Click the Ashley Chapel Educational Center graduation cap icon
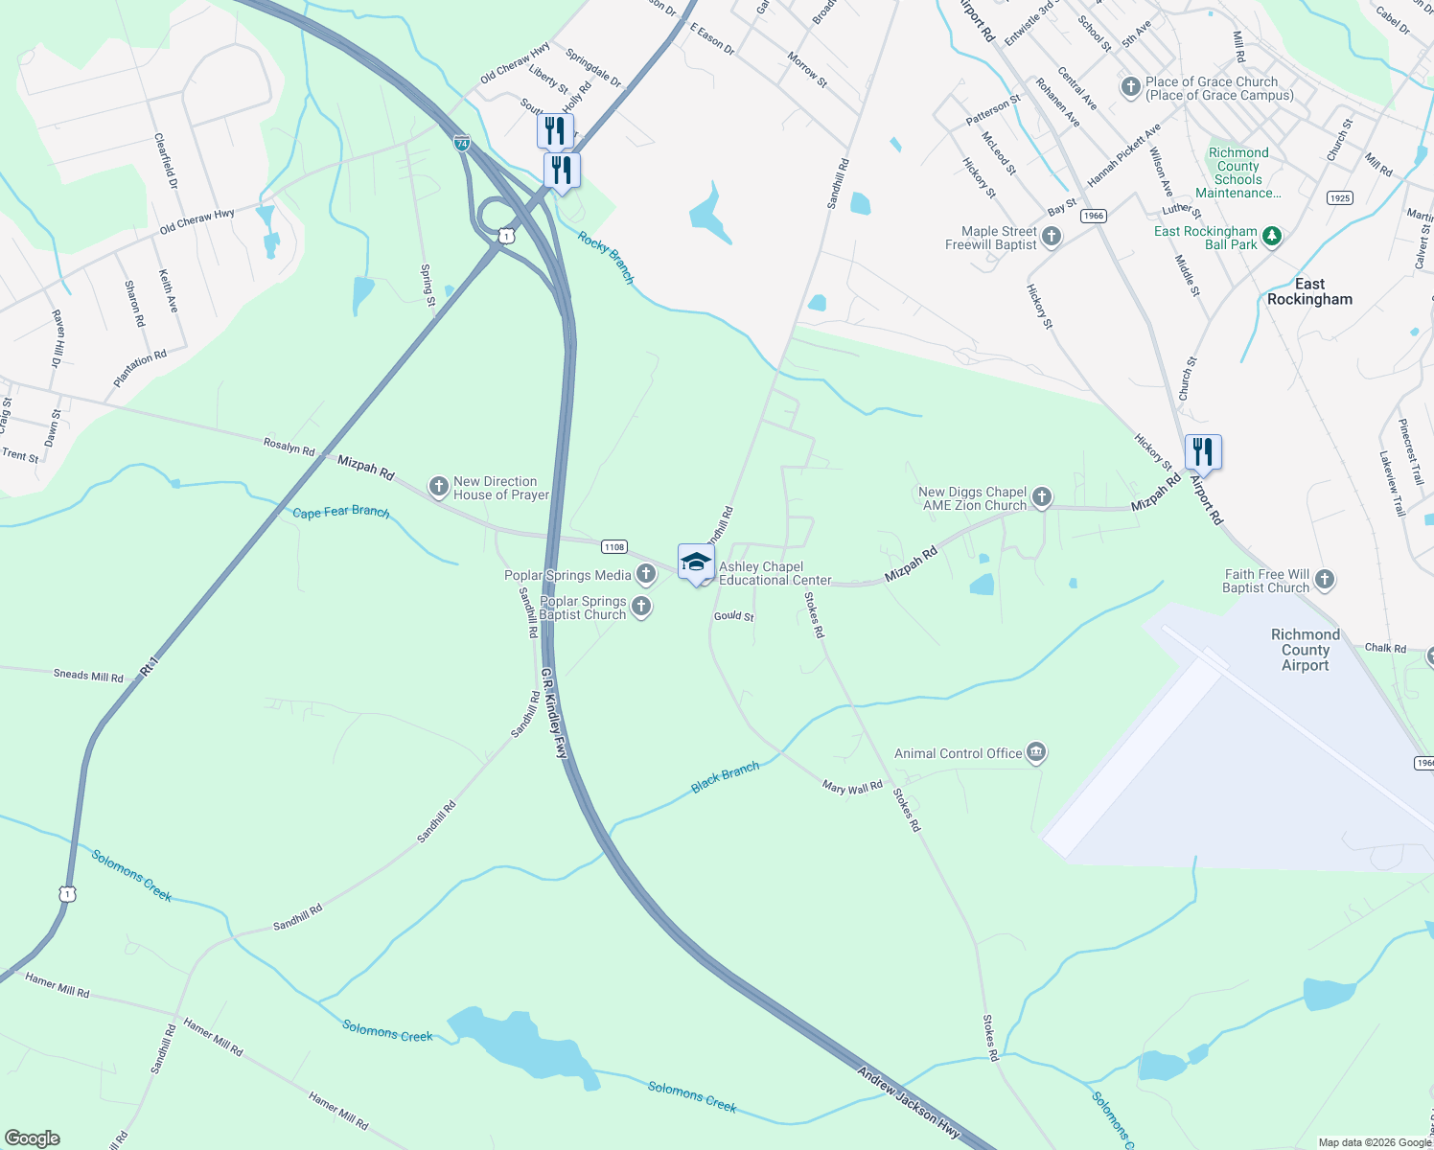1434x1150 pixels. [x=696, y=562]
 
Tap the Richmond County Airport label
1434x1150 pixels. [x=1305, y=650]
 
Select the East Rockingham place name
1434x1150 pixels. [x=1309, y=291]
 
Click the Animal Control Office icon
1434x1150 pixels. [x=1035, y=753]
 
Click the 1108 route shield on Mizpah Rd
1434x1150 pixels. [x=614, y=547]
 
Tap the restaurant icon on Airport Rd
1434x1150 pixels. [x=1203, y=451]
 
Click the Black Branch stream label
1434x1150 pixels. [x=725, y=777]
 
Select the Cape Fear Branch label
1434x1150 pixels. [x=341, y=512]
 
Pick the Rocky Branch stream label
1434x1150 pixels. [x=606, y=257]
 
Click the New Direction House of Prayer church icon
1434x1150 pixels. [x=438, y=488]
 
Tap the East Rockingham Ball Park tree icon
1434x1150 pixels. [x=1272, y=236]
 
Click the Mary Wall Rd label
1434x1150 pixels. [x=852, y=787]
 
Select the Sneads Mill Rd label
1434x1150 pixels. [x=88, y=676]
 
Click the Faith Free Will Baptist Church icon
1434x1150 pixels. [x=1325, y=579]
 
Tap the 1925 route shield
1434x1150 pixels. [x=1339, y=198]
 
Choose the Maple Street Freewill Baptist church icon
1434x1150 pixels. [x=1052, y=237]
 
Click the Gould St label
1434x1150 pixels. [x=734, y=616]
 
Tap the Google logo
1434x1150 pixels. [x=33, y=1138]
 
